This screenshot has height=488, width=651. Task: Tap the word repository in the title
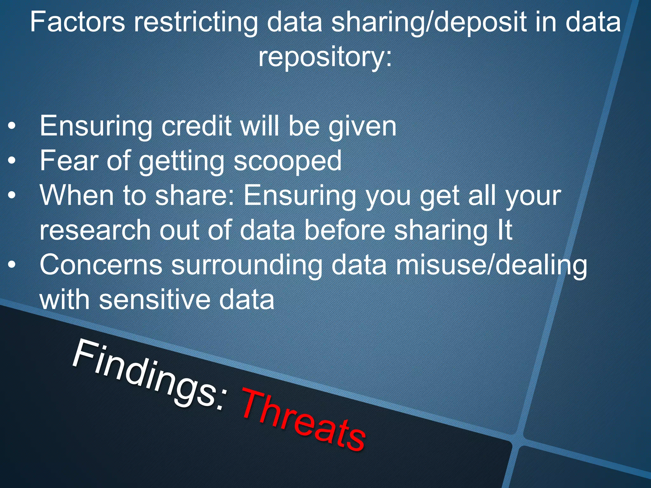click(x=324, y=57)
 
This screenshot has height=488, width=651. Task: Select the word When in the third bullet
click(x=77, y=195)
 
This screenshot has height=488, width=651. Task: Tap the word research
click(x=95, y=230)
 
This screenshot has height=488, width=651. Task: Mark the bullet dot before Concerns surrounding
click(x=12, y=265)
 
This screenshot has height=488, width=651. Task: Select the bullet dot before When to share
click(x=12, y=196)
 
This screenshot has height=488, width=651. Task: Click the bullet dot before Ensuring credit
click(x=12, y=126)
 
